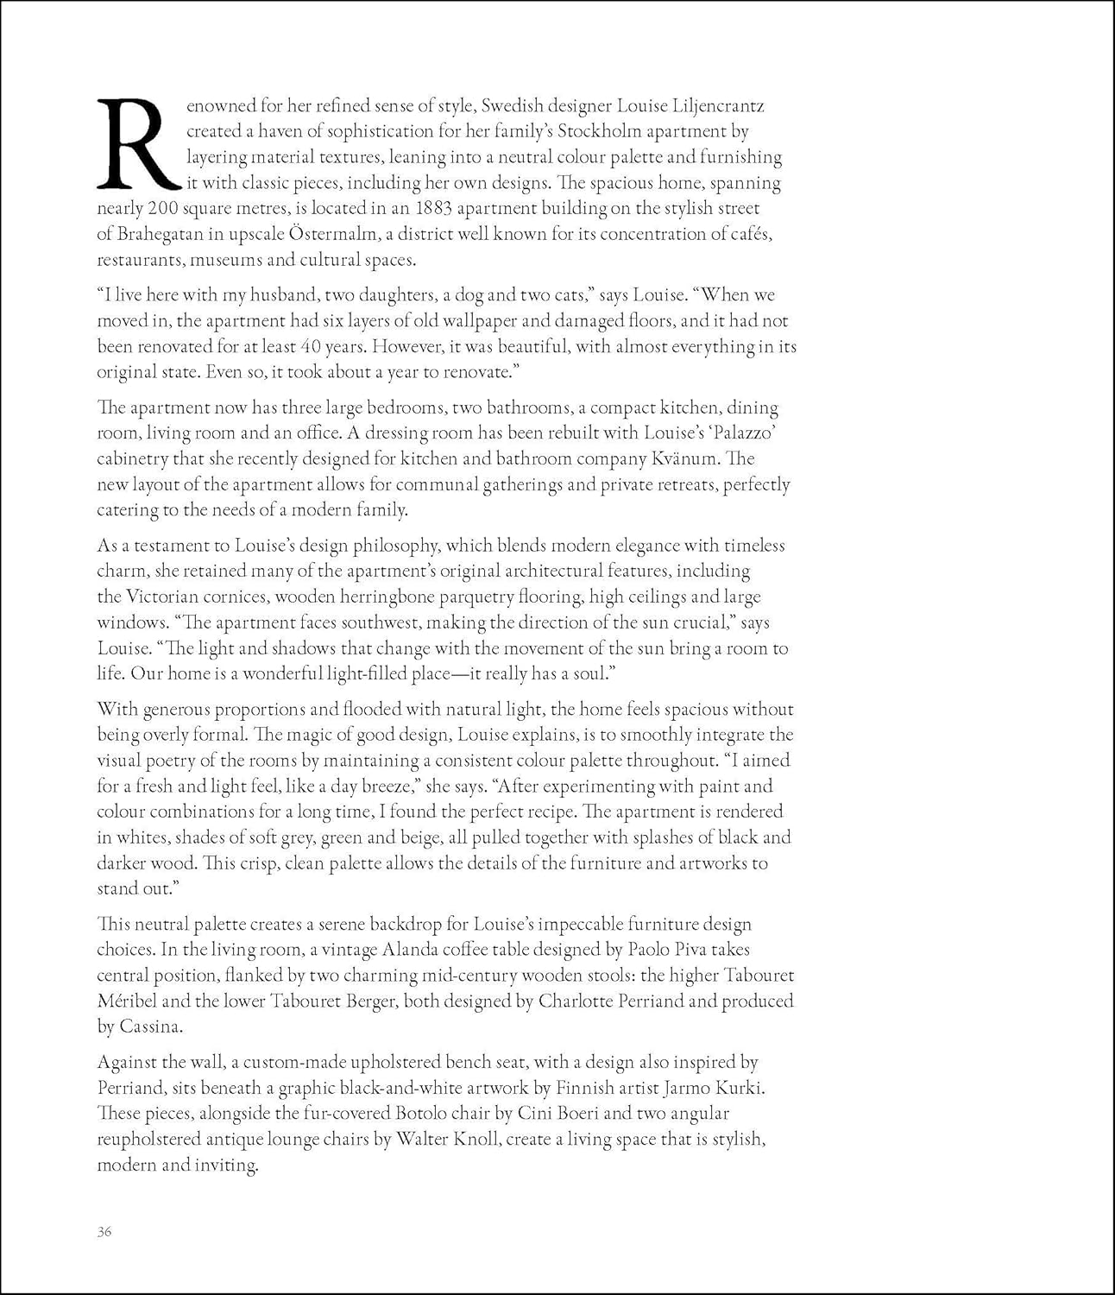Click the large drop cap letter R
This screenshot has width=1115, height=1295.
tap(138, 144)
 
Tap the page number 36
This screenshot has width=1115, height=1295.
tap(104, 1232)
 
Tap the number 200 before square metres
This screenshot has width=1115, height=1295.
tap(163, 208)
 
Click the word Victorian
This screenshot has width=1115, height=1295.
tap(164, 597)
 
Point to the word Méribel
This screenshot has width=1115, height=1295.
tap(130, 1001)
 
